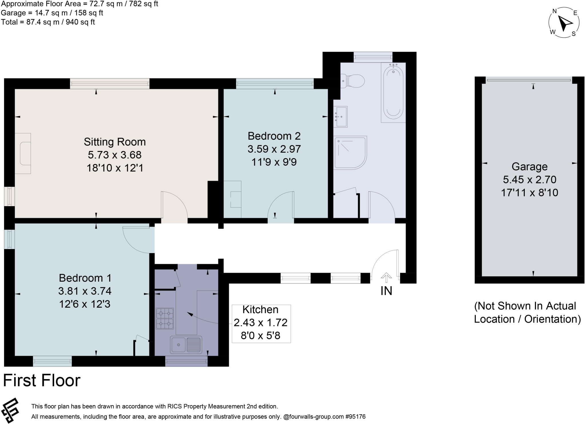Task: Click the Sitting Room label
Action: pyautogui.click(x=114, y=142)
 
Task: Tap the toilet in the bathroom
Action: pyautogui.click(x=353, y=81)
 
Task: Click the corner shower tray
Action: pyautogui.click(x=350, y=152)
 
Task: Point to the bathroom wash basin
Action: pyautogui.click(x=341, y=116)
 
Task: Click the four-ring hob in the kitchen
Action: pyautogui.click(x=165, y=318)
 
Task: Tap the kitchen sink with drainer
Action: pyautogui.click(x=186, y=344)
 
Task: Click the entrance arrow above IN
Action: pyautogui.click(x=386, y=277)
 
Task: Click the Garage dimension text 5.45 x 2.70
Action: pyautogui.click(x=529, y=180)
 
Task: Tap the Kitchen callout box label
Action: pyautogui.click(x=260, y=310)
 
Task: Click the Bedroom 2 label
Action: pyautogui.click(x=274, y=136)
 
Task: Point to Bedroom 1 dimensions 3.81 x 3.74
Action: pyautogui.click(x=85, y=291)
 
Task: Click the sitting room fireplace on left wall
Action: pyautogui.click(x=23, y=154)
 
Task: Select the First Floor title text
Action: pyautogui.click(x=42, y=381)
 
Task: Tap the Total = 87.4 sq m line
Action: pyautogui.click(x=48, y=22)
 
